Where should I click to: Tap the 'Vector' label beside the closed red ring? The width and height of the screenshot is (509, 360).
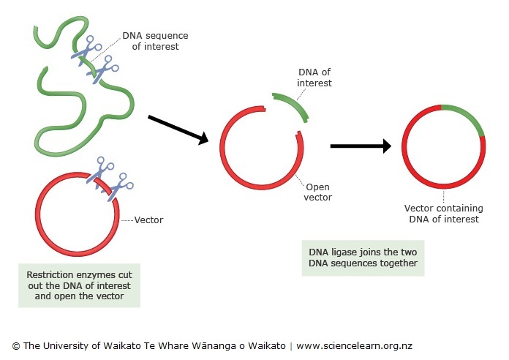click(150, 220)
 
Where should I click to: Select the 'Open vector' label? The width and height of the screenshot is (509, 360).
click(317, 192)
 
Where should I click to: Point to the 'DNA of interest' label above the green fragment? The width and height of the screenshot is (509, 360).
click(314, 78)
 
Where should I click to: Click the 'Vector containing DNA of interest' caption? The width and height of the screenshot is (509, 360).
click(443, 213)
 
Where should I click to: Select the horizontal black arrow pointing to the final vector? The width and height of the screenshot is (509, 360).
click(361, 146)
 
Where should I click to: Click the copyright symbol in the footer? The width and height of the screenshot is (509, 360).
click(15, 345)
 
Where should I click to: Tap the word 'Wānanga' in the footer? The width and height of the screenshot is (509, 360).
click(219, 345)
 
